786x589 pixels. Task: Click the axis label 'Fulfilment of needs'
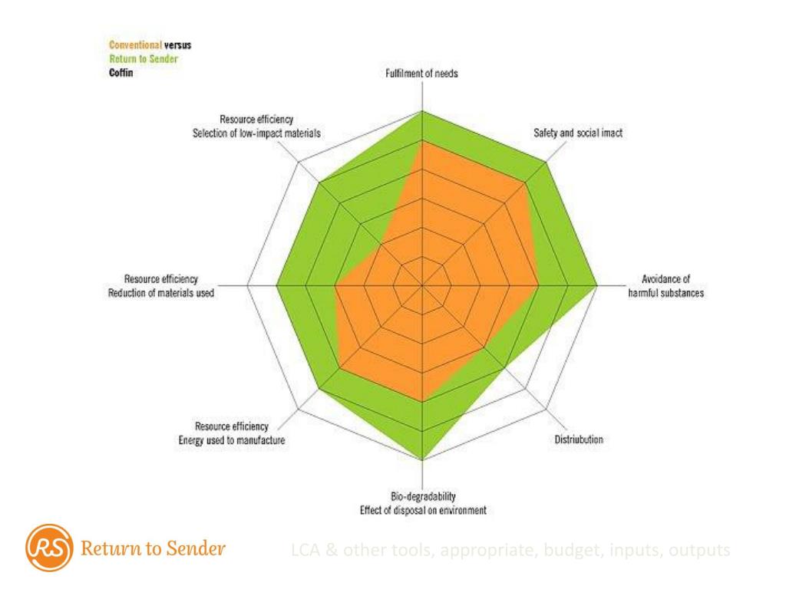[423, 74]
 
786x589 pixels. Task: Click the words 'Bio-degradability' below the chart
[424, 497]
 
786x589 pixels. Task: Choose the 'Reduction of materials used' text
[161, 292]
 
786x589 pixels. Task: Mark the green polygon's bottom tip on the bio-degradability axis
[423, 459]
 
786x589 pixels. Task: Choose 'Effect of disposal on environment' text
[424, 510]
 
